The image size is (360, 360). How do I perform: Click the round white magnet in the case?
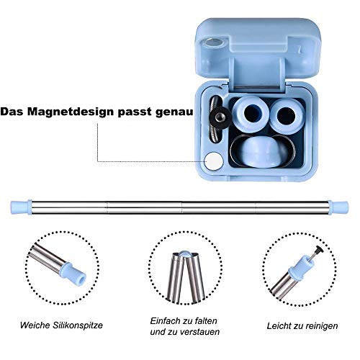click(x=214, y=161)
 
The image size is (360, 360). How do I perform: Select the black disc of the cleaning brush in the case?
click(x=220, y=117)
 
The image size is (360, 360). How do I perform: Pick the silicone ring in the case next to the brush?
click(x=251, y=114)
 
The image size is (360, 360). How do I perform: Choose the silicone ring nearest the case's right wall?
click(x=287, y=116)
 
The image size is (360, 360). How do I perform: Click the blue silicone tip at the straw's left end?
click(x=21, y=207)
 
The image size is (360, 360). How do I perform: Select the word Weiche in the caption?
click(x=35, y=325)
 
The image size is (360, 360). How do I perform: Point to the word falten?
click(x=206, y=321)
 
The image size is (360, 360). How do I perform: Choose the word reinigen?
click(x=320, y=326)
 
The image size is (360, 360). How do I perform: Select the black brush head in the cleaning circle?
click(x=319, y=250)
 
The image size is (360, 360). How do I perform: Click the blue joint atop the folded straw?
click(x=185, y=253)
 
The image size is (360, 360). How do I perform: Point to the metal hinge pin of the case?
click(x=257, y=87)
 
